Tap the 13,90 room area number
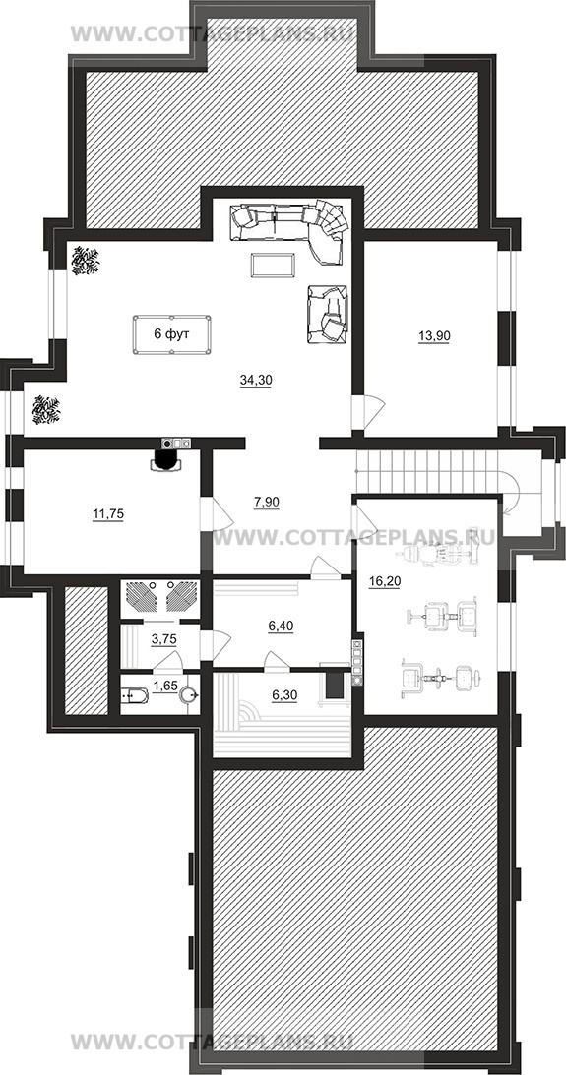433,336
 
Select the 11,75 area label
108,514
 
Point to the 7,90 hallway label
266,502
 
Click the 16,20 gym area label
385,581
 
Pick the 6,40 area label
281,626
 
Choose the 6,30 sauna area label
284,695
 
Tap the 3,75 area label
164,639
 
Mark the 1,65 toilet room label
165,686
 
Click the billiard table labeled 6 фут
171,334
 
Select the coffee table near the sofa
273,265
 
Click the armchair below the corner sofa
325,314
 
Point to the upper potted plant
86,261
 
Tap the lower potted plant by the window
46,409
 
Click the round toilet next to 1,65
189,696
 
